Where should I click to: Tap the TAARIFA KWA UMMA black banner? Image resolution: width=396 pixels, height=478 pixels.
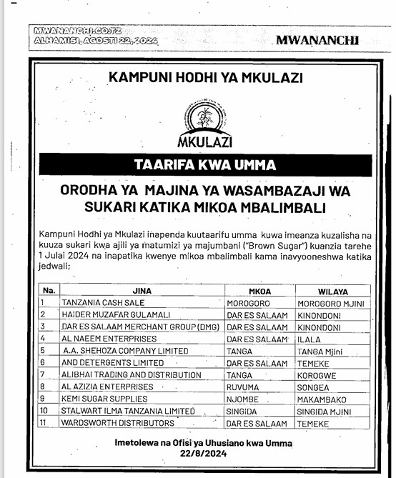click(205, 165)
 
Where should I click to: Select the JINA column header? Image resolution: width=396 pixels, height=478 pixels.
click(142, 291)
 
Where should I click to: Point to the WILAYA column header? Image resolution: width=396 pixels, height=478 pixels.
click(333, 291)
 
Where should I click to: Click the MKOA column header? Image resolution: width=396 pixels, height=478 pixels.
click(259, 291)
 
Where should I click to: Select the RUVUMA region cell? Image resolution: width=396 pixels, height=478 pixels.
click(244, 387)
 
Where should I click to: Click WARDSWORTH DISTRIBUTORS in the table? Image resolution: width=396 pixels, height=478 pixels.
click(109, 423)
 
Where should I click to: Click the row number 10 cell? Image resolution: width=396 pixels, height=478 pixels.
click(46, 411)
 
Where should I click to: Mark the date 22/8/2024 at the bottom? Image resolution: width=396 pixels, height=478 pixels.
click(204, 453)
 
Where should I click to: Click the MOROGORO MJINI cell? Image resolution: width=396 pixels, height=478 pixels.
click(331, 303)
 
